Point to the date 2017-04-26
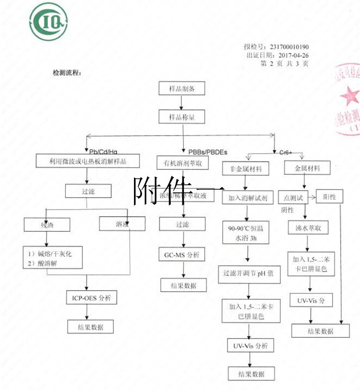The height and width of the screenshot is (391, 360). (291, 55)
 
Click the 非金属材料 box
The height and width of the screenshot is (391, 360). (245, 169)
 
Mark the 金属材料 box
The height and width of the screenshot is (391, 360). (308, 168)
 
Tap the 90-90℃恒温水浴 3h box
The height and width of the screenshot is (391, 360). (245, 232)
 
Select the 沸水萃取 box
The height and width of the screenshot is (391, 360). (308, 228)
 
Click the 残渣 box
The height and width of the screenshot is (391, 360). (46, 224)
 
